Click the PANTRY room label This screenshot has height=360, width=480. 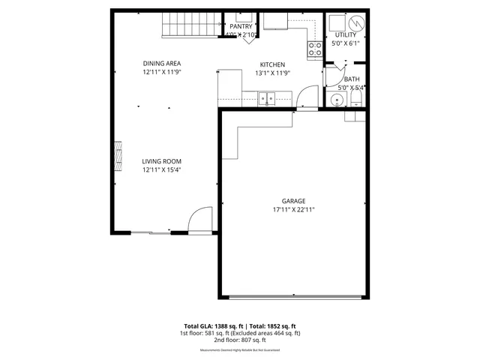241,26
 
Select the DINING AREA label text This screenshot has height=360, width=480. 163,63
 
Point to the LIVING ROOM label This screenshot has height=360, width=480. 163,161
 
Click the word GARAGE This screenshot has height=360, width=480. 293,201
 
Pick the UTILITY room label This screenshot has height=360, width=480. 346,34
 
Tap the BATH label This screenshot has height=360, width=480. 351,79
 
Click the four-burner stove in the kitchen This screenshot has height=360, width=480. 315,49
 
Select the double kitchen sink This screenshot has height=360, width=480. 266,97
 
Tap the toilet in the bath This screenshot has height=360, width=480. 356,99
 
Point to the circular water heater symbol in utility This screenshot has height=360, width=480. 358,22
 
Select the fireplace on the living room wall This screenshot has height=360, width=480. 117,156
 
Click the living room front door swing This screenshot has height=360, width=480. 199,220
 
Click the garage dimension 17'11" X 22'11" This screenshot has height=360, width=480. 293,210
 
